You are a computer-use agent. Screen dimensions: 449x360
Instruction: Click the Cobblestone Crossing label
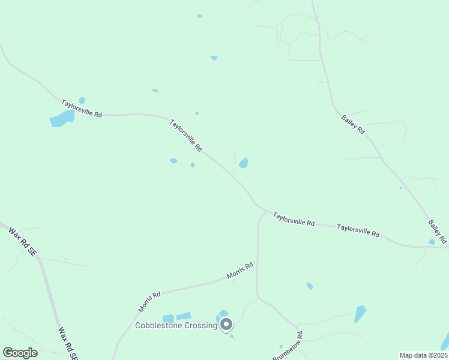tap(175, 326)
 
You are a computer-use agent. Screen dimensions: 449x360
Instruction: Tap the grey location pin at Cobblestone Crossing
tap(226, 325)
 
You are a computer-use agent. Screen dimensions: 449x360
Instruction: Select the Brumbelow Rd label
tap(288, 347)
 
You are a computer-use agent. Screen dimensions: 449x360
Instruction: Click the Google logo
tap(20, 353)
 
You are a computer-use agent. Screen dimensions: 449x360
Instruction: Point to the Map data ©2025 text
tap(423, 355)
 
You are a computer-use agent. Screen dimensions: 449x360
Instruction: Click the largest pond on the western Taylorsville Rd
tap(61, 119)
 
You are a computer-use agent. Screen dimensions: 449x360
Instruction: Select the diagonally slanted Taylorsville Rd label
tap(186, 135)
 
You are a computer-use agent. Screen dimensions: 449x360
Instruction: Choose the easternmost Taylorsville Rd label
tap(358, 230)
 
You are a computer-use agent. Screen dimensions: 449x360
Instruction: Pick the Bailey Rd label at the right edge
tap(438, 232)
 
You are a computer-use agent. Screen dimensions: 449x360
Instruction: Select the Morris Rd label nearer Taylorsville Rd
tap(240, 271)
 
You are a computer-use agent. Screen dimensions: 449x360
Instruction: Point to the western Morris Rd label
tap(149, 302)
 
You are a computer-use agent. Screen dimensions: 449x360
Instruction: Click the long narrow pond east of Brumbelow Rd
tap(360, 314)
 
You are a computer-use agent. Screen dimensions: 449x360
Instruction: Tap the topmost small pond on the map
tap(199, 16)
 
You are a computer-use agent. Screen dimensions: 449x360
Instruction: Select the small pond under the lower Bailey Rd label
tap(432, 242)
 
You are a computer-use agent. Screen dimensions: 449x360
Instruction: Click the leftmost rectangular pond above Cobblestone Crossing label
tap(168, 318)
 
